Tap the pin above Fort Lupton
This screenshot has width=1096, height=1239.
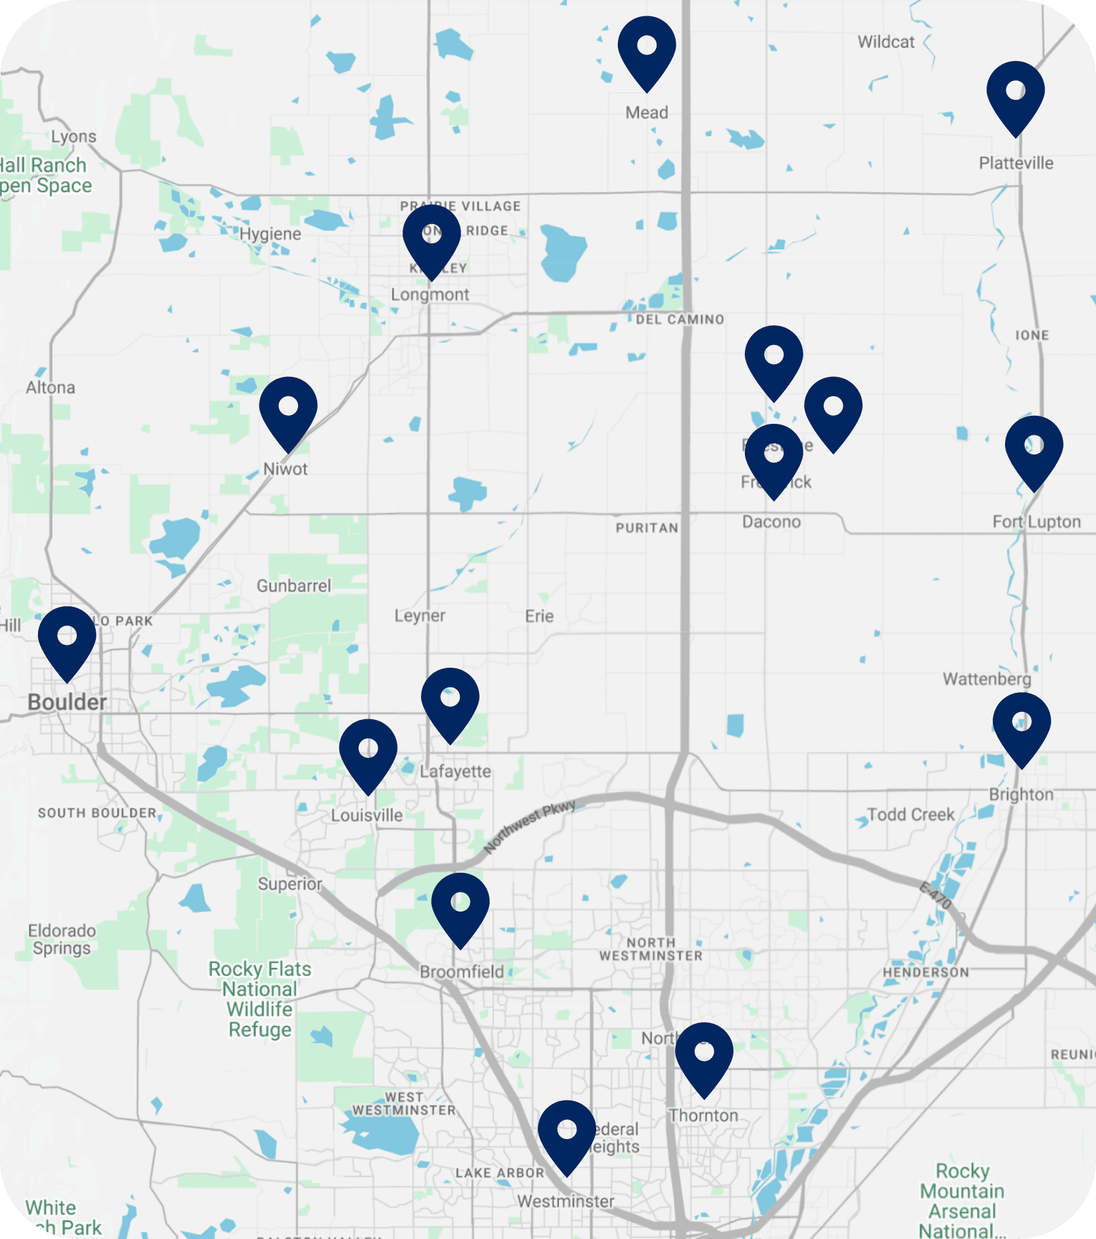[x=1034, y=448]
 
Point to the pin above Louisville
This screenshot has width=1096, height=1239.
[x=368, y=751]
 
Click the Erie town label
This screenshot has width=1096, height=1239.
[x=539, y=616]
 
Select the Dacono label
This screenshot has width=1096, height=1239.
[x=771, y=522]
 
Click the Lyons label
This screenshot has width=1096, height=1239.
[x=73, y=137]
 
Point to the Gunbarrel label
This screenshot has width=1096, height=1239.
[x=293, y=586]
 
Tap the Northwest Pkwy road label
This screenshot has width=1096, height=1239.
[x=530, y=826]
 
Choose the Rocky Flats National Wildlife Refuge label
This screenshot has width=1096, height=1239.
[x=260, y=999]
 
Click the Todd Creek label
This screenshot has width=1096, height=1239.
[x=911, y=814]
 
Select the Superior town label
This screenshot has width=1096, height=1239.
[x=290, y=884]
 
